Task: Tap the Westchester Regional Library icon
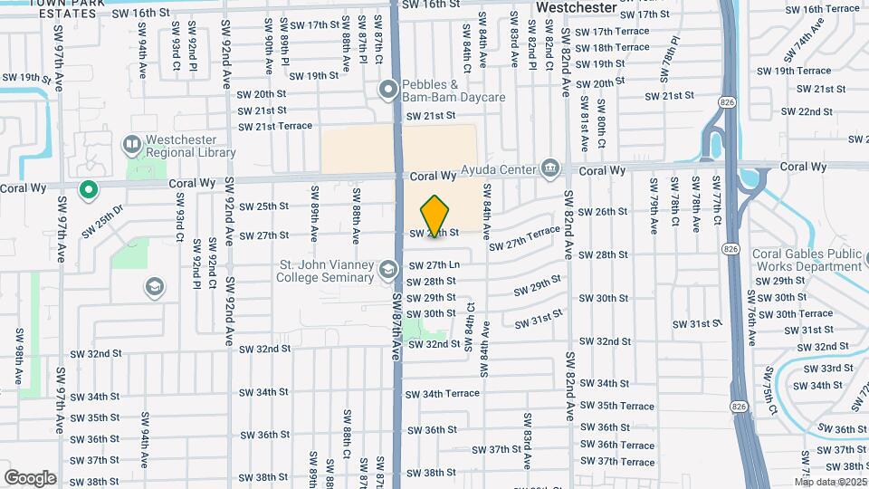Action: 131,145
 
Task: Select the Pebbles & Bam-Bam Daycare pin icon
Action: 388,89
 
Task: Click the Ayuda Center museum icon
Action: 549,168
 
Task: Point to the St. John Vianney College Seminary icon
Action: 388,270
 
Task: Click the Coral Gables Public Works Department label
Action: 807,261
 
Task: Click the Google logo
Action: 30,477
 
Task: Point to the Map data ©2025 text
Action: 830,481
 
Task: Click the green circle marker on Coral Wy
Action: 88,189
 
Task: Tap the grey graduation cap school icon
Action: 154,287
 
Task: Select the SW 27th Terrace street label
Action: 525,239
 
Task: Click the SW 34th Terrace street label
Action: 442,394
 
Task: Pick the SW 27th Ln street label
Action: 434,265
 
